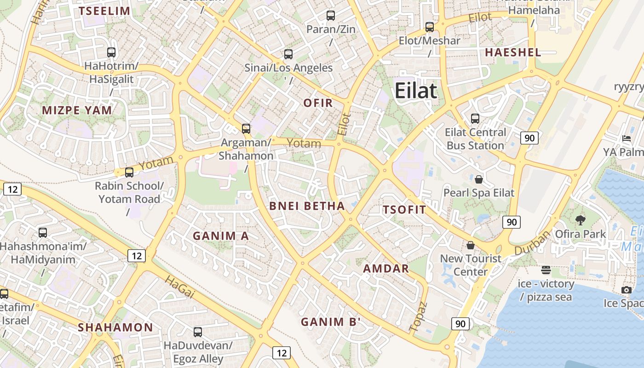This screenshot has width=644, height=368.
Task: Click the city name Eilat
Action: point(415,91)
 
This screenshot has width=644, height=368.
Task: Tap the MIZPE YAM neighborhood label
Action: point(77,110)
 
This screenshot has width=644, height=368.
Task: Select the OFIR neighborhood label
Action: point(318,103)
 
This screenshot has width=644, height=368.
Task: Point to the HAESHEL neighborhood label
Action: point(513,52)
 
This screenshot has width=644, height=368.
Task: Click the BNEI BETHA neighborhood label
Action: point(307,206)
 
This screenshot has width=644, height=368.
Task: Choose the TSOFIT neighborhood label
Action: point(404,210)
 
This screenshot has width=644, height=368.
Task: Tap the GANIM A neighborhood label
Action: point(220,236)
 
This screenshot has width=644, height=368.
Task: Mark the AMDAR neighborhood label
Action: point(386,269)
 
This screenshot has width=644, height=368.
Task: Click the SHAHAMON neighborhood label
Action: point(115,328)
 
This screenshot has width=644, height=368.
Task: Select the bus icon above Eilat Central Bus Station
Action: point(475,119)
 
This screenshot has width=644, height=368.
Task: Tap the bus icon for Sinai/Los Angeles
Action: point(288,54)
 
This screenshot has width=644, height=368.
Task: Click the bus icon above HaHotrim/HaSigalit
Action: point(111,52)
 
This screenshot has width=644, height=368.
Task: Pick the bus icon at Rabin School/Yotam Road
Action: point(129,172)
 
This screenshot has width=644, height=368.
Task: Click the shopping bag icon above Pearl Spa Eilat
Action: point(479,179)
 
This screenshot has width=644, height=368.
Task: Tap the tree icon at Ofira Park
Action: point(581,220)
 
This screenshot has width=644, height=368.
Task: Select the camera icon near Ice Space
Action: point(626,290)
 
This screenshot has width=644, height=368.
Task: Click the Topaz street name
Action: point(418,316)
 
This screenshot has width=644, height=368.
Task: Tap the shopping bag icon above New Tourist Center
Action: point(470,245)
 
